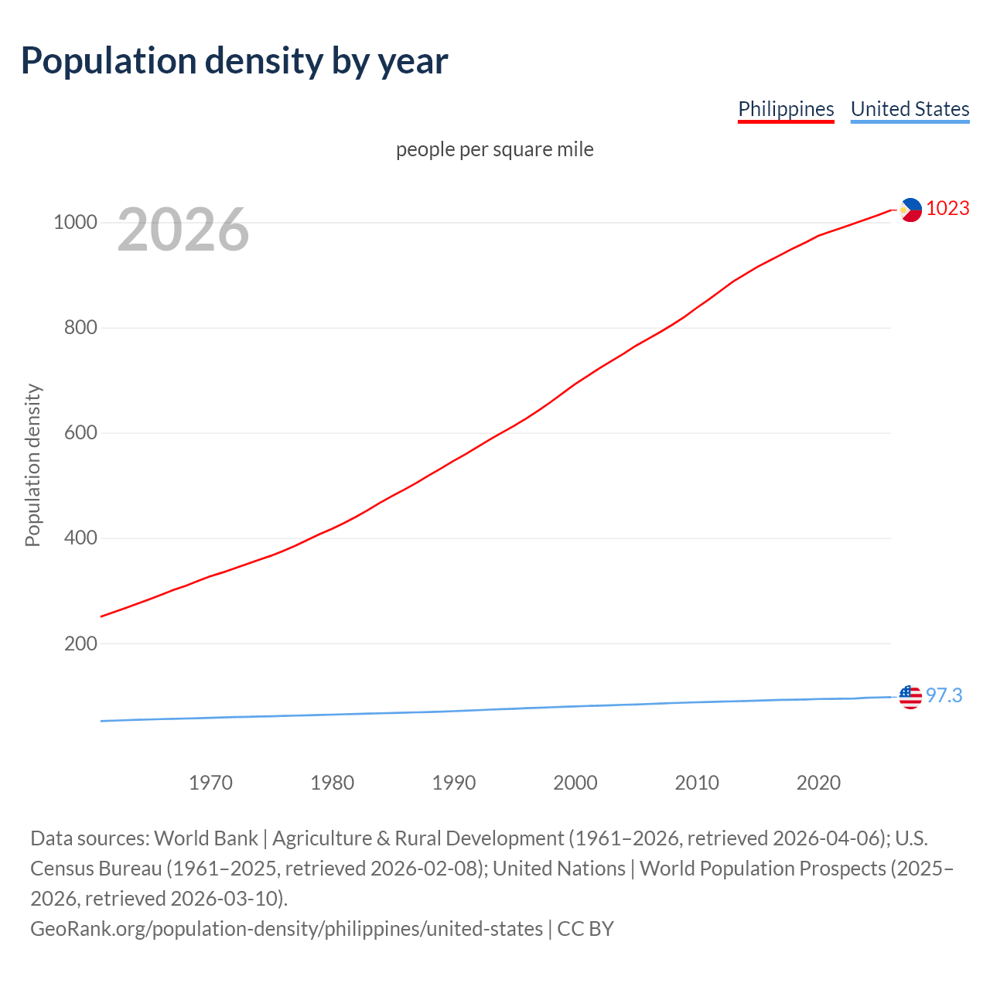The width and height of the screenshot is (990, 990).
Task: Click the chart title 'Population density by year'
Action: coord(234,61)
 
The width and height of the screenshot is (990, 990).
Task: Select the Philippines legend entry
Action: coord(786,109)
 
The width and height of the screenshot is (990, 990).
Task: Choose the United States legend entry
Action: coord(910,109)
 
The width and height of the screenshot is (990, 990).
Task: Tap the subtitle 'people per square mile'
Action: coord(494,149)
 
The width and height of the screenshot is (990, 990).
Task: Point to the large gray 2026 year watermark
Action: coord(183,229)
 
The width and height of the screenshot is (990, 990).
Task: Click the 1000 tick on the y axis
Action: coord(75,223)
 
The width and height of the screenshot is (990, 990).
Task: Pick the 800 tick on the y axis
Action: coord(80,328)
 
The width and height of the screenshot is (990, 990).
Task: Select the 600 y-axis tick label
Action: coord(80,433)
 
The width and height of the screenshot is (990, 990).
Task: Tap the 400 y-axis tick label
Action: coord(80,538)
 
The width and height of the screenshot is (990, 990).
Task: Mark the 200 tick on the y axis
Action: coord(80,643)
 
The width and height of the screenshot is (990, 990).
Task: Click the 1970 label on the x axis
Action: coord(210,783)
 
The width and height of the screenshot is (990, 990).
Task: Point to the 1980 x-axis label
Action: coord(332,783)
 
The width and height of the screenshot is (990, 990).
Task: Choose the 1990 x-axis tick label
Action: coord(454,783)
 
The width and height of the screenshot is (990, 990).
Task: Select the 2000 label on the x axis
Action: coord(575,783)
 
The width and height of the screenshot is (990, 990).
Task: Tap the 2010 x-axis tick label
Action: coord(697,783)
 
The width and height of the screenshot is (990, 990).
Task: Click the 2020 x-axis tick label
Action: coord(818,783)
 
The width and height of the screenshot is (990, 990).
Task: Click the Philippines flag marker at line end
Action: coord(910,210)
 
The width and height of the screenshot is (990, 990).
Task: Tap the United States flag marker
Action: coord(910,697)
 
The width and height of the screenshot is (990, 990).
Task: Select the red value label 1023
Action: coord(947,209)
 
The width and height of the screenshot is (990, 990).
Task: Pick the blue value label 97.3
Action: coord(944,696)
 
